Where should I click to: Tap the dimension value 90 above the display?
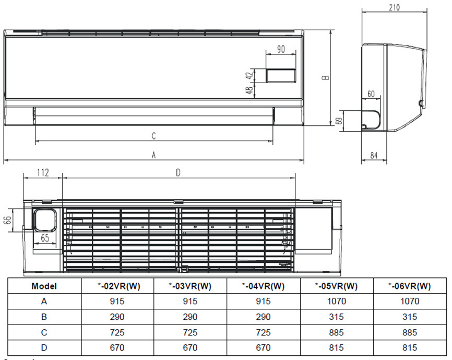(x=281, y=50)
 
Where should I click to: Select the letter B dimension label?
(x=326, y=77)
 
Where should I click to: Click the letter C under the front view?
(x=153, y=136)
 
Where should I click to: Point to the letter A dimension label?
(x=153, y=155)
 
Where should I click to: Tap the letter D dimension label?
(x=178, y=173)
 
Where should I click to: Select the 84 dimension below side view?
(x=374, y=155)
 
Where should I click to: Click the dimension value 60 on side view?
(x=371, y=94)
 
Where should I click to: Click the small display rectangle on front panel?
(x=282, y=76)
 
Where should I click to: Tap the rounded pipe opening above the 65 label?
(x=45, y=219)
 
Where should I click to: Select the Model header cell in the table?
(x=44, y=286)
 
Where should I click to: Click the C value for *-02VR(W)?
(x=117, y=332)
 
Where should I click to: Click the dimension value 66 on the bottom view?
(x=7, y=219)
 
